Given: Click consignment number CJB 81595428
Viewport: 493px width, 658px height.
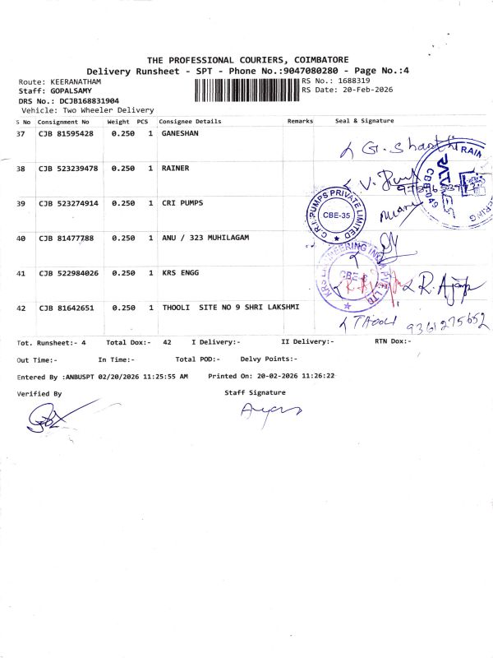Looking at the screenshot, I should point(66,132).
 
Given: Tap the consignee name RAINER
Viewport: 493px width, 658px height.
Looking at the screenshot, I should point(176,168).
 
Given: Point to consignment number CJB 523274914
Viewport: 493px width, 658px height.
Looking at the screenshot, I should point(68,202).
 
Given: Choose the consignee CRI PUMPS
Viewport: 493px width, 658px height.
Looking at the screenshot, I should point(182,202).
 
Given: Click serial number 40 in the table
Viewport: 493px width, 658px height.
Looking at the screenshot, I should point(21,238).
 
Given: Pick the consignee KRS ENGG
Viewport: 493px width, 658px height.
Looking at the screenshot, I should point(180,272).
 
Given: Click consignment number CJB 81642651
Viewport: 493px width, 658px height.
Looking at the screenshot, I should point(66,308).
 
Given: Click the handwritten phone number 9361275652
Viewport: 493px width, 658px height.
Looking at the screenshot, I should point(439,322).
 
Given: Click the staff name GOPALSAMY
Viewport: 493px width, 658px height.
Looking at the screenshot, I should point(65,91).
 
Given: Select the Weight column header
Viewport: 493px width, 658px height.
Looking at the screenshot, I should point(118,121).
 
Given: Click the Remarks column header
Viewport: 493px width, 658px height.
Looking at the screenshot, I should point(300,121).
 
